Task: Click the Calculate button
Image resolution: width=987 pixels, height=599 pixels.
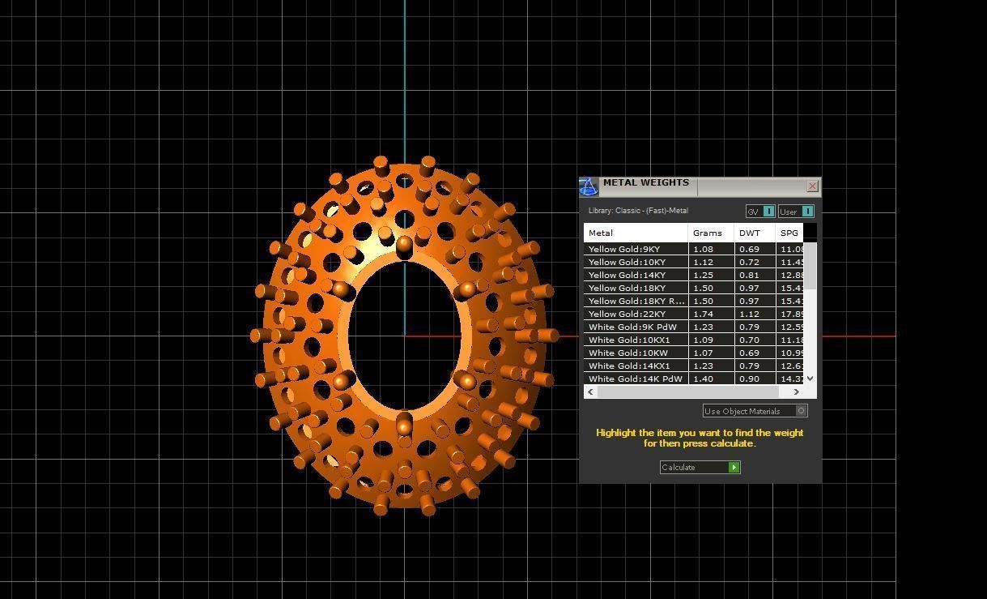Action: pos(700,468)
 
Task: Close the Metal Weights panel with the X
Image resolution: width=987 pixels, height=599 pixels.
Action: pos(812,186)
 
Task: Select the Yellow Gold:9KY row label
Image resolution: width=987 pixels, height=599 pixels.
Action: pos(624,250)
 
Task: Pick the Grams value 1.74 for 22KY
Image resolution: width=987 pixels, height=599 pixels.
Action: pos(703,314)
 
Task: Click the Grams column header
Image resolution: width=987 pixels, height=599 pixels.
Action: pos(708,233)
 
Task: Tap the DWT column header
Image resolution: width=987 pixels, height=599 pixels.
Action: pos(750,233)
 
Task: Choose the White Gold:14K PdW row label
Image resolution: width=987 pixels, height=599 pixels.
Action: pos(636,379)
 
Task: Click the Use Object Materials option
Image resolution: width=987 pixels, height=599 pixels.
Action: pos(755,411)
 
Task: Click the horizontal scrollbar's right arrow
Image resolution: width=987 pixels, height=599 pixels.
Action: pos(797,392)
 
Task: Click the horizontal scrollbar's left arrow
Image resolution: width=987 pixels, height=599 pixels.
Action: pos(591,392)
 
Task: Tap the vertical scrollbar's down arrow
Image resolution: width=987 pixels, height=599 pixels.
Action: pos(810,379)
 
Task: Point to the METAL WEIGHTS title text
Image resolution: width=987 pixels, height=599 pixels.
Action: pos(645,183)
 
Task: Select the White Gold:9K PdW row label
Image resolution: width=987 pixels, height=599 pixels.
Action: pos(632,327)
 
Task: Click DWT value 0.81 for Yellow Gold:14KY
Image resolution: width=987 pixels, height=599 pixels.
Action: pos(749,276)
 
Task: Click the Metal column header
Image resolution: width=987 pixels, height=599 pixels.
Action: pos(601,233)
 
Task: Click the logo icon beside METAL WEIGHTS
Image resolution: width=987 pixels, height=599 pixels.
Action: pos(589,187)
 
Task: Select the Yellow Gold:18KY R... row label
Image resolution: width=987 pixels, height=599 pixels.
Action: pos(636,302)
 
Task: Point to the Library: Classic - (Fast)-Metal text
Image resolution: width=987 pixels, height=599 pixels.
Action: pos(638,211)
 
